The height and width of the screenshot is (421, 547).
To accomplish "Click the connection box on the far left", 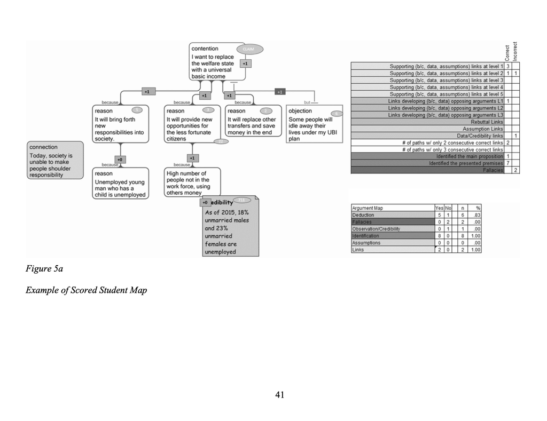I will (55, 160).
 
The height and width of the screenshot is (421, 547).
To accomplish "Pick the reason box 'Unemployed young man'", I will (120, 184).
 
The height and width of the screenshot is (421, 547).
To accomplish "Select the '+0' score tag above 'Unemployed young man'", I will (120, 159).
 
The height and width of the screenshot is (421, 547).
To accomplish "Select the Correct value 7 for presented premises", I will (508, 163).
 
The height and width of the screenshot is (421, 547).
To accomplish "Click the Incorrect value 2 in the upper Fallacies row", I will (515, 170).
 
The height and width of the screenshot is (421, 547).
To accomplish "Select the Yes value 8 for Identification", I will (439, 236).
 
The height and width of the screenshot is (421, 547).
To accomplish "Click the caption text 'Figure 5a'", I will (44, 268).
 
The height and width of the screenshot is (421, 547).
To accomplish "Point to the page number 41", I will (279, 395).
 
